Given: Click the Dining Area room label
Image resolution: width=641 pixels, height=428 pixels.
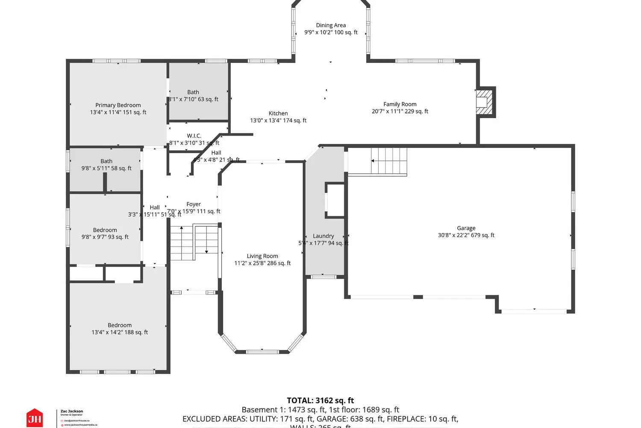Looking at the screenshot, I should [x=331, y=25].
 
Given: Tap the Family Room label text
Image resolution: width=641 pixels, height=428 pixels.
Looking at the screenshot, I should [x=400, y=104].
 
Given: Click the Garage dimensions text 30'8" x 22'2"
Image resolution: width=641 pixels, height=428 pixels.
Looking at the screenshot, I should [x=466, y=235].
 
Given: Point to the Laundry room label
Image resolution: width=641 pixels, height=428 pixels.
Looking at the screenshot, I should [x=323, y=236].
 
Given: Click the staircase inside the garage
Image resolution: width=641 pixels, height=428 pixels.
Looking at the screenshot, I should [x=388, y=161].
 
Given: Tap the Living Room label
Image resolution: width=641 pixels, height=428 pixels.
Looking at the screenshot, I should [x=262, y=256].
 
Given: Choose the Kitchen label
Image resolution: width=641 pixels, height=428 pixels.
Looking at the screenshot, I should [x=278, y=113].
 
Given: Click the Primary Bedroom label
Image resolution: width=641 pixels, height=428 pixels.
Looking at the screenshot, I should [x=118, y=105].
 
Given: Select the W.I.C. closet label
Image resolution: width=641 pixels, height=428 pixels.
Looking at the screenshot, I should [x=194, y=136].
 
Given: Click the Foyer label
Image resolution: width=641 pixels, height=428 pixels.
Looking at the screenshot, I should [x=194, y=204].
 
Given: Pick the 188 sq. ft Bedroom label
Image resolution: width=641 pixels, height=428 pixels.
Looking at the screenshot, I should [x=120, y=325].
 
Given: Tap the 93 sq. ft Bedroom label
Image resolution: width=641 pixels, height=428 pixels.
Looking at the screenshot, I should [x=105, y=230].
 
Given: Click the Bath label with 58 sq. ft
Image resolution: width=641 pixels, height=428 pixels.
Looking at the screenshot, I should [x=106, y=161].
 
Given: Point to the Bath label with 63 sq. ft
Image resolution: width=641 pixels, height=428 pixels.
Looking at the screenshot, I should [x=193, y=92].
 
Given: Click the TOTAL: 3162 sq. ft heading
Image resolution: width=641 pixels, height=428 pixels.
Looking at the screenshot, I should [x=320, y=401].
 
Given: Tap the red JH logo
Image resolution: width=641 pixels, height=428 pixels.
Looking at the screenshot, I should [x=35, y=418].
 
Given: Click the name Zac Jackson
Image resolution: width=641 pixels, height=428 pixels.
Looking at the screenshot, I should [x=72, y=411].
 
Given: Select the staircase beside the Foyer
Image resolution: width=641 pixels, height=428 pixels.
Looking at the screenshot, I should [x=194, y=243].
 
